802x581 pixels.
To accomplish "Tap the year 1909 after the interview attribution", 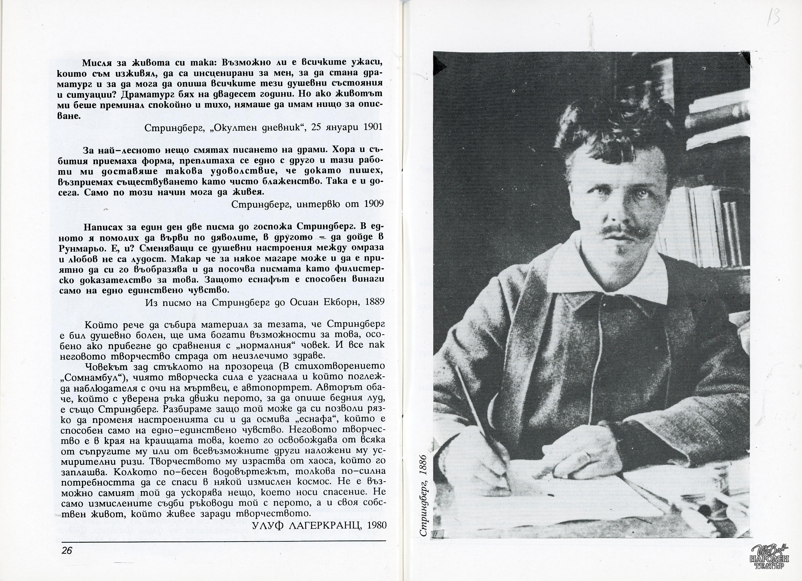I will pyautogui.click(x=374, y=204).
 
